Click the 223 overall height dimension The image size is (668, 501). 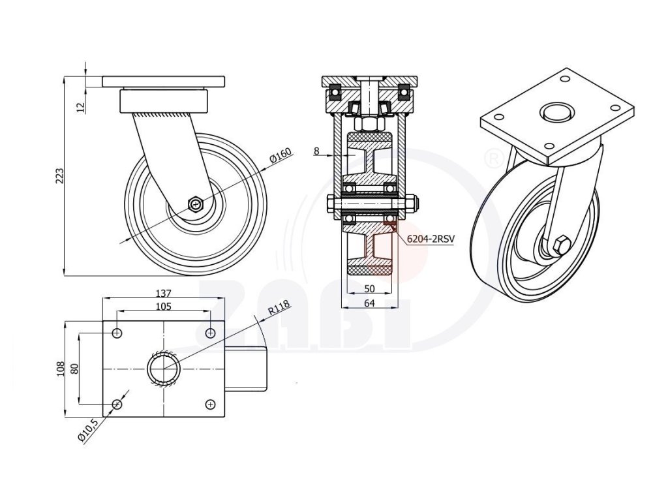(x=58, y=176)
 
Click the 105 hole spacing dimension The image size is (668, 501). (x=164, y=306)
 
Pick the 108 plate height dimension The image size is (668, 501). (x=60, y=369)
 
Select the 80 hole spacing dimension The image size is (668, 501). (x=74, y=369)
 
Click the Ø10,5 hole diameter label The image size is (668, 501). (x=87, y=431)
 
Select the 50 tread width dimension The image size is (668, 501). (x=370, y=288)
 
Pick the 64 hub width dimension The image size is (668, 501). (x=370, y=302)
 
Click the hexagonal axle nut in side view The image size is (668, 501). (x=196, y=204)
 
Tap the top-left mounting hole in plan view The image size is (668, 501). (x=117, y=333)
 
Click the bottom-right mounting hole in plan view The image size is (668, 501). (x=211, y=404)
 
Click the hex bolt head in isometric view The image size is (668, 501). (x=560, y=245)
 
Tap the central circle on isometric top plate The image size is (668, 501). (x=556, y=112)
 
